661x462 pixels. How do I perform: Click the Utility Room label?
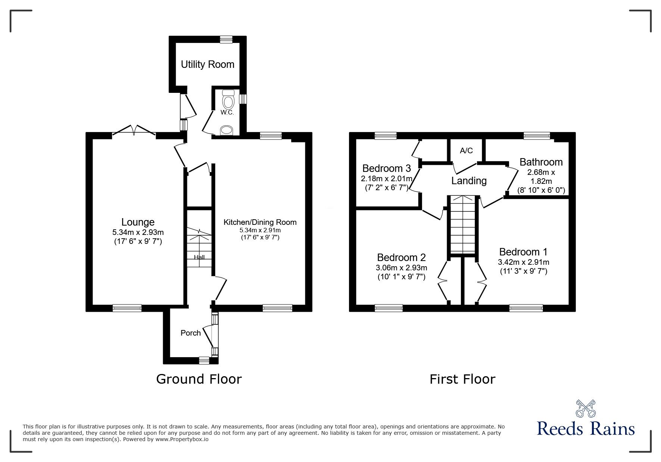click(208, 65)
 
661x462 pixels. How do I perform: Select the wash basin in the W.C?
click(226, 131)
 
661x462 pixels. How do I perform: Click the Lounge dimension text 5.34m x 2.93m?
click(138, 232)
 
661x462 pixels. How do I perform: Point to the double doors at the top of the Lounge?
click(134, 130)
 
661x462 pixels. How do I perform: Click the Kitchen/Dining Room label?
click(260, 222)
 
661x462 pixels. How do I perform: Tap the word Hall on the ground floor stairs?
click(199, 257)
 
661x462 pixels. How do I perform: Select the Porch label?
click(190, 333)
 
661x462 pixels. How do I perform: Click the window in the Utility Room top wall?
click(226, 39)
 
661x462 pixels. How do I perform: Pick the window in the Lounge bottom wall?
click(127, 308)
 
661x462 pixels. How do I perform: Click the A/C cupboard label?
click(466, 151)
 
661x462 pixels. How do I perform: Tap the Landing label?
click(469, 181)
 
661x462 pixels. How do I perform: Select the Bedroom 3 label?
click(386, 168)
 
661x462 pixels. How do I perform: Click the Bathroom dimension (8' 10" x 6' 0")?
click(541, 190)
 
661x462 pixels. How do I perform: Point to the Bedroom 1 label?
click(523, 252)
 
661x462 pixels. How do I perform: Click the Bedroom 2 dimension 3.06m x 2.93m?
click(401, 268)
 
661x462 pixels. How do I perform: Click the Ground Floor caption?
click(199, 379)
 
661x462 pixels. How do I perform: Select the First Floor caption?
click(462, 379)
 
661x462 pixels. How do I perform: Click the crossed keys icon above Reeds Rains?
click(586, 409)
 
